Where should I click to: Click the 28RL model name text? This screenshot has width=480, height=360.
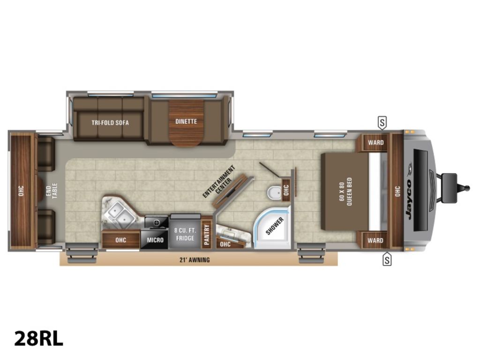tap(38, 338)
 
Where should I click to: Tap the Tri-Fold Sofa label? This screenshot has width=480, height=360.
tap(110, 122)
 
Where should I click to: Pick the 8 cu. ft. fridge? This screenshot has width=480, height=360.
tap(185, 233)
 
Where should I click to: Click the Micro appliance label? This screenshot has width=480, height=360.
tap(155, 240)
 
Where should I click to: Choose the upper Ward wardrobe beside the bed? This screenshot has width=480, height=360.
tap(375, 142)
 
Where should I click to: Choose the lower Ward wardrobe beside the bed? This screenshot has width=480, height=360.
tap(375, 240)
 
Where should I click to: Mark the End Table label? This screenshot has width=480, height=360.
tap(51, 191)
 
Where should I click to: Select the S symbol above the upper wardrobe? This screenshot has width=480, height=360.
tap(382, 123)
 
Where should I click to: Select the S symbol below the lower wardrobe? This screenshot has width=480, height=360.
tap(387, 259)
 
